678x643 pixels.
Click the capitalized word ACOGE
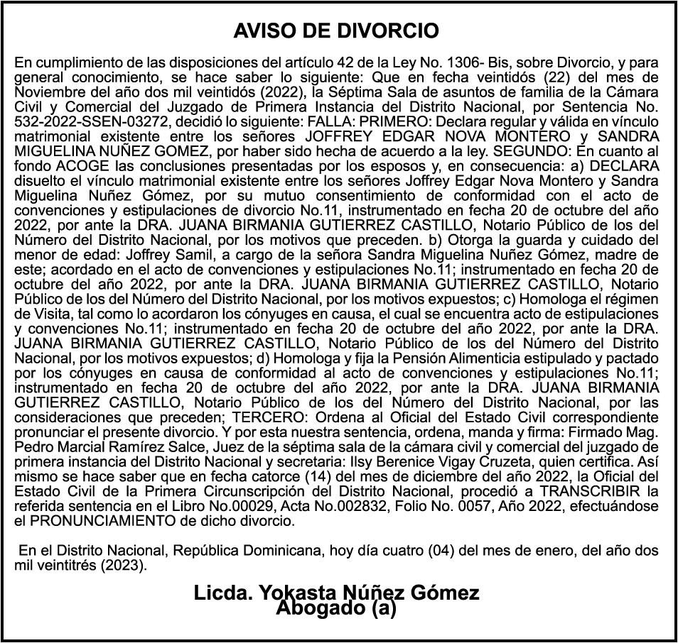70,165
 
